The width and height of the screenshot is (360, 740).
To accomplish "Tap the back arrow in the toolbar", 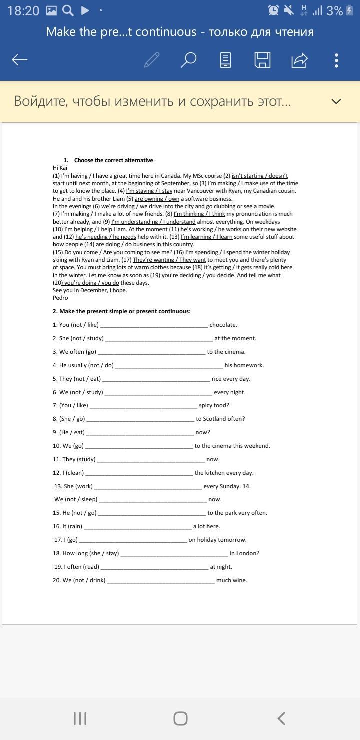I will pyautogui.click(x=20, y=60).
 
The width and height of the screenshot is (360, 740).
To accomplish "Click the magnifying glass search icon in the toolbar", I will pyautogui.click(x=188, y=60).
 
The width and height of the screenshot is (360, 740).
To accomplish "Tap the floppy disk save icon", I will pyautogui.click(x=262, y=60).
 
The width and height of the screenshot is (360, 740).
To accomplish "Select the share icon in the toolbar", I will pyautogui.click(x=299, y=60).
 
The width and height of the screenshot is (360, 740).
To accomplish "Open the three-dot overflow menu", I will pyautogui.click(x=336, y=60).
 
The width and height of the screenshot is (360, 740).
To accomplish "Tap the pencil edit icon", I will pyautogui.click(x=151, y=60).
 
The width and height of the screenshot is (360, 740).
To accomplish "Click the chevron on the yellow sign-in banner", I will pyautogui.click(x=336, y=101).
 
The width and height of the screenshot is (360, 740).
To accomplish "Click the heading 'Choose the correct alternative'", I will pyautogui.click(x=114, y=160).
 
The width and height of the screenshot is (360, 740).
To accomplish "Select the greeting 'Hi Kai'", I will pyautogui.click(x=60, y=168).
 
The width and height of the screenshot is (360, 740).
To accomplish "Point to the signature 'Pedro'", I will pyautogui.click(x=60, y=298).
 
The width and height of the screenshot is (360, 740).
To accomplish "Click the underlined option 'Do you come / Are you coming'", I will pyautogui.click(x=104, y=252).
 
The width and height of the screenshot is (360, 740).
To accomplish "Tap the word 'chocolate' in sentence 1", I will pyautogui.click(x=223, y=325).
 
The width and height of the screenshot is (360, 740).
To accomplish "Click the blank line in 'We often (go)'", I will pyautogui.click(x=151, y=352).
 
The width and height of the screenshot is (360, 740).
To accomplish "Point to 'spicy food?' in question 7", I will pyautogui.click(x=214, y=405).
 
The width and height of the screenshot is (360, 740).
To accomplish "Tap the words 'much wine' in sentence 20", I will pyautogui.click(x=232, y=580).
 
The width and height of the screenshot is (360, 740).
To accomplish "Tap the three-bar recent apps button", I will pyautogui.click(x=80, y=718).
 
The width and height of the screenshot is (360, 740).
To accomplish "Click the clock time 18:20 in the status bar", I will pyautogui.click(x=23, y=11).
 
